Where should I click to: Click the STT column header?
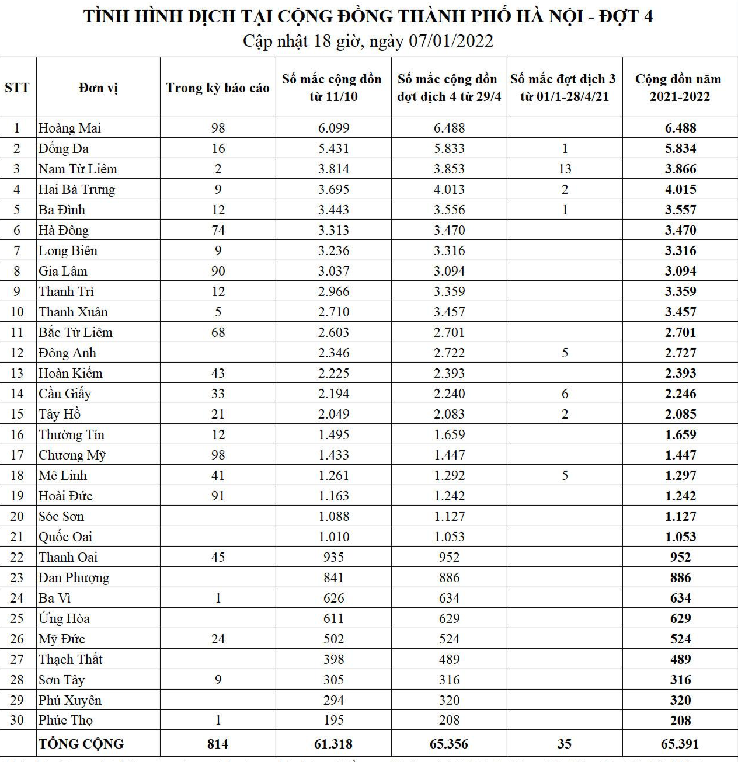17,88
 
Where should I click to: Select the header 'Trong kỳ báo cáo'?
217,88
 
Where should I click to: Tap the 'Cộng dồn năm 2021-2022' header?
680,88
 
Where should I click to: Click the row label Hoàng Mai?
69,128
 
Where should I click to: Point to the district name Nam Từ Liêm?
78,169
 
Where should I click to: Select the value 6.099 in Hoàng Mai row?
333,128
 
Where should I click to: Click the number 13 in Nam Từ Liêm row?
565,169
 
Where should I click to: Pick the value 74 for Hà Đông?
218,230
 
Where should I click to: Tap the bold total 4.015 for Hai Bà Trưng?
680,189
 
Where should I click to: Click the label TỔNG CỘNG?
81,744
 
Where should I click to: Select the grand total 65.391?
680,744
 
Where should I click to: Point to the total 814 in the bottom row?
217,744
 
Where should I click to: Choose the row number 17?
17,455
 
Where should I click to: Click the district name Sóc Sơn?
61,516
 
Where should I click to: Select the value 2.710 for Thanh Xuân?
333,312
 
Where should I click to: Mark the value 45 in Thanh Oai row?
218,557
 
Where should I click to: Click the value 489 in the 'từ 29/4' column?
449,659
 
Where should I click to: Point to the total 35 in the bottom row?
564,744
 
